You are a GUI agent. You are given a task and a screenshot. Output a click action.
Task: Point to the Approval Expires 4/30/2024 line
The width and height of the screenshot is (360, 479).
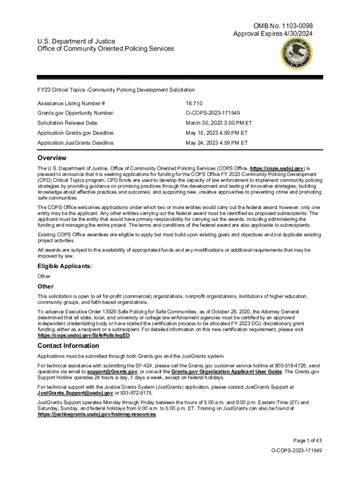[273, 34]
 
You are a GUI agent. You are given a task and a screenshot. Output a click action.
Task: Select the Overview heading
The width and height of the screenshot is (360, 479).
[52, 158]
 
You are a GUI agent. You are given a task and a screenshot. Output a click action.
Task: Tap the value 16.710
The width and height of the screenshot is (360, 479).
[194, 103]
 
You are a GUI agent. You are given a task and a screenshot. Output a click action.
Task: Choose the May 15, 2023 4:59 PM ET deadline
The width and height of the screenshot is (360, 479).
[216, 133]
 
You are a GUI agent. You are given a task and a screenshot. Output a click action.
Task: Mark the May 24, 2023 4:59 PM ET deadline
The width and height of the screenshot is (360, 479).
[216, 143]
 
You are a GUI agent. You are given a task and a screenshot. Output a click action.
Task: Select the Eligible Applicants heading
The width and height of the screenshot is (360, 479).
[65, 266]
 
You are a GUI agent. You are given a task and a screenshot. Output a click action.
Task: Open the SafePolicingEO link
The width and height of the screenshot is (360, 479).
[84, 335]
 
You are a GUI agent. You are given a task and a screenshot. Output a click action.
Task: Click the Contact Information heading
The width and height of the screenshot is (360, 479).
[68, 346]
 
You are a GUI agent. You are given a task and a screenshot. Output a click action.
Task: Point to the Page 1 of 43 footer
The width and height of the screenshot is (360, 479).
[308, 440]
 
